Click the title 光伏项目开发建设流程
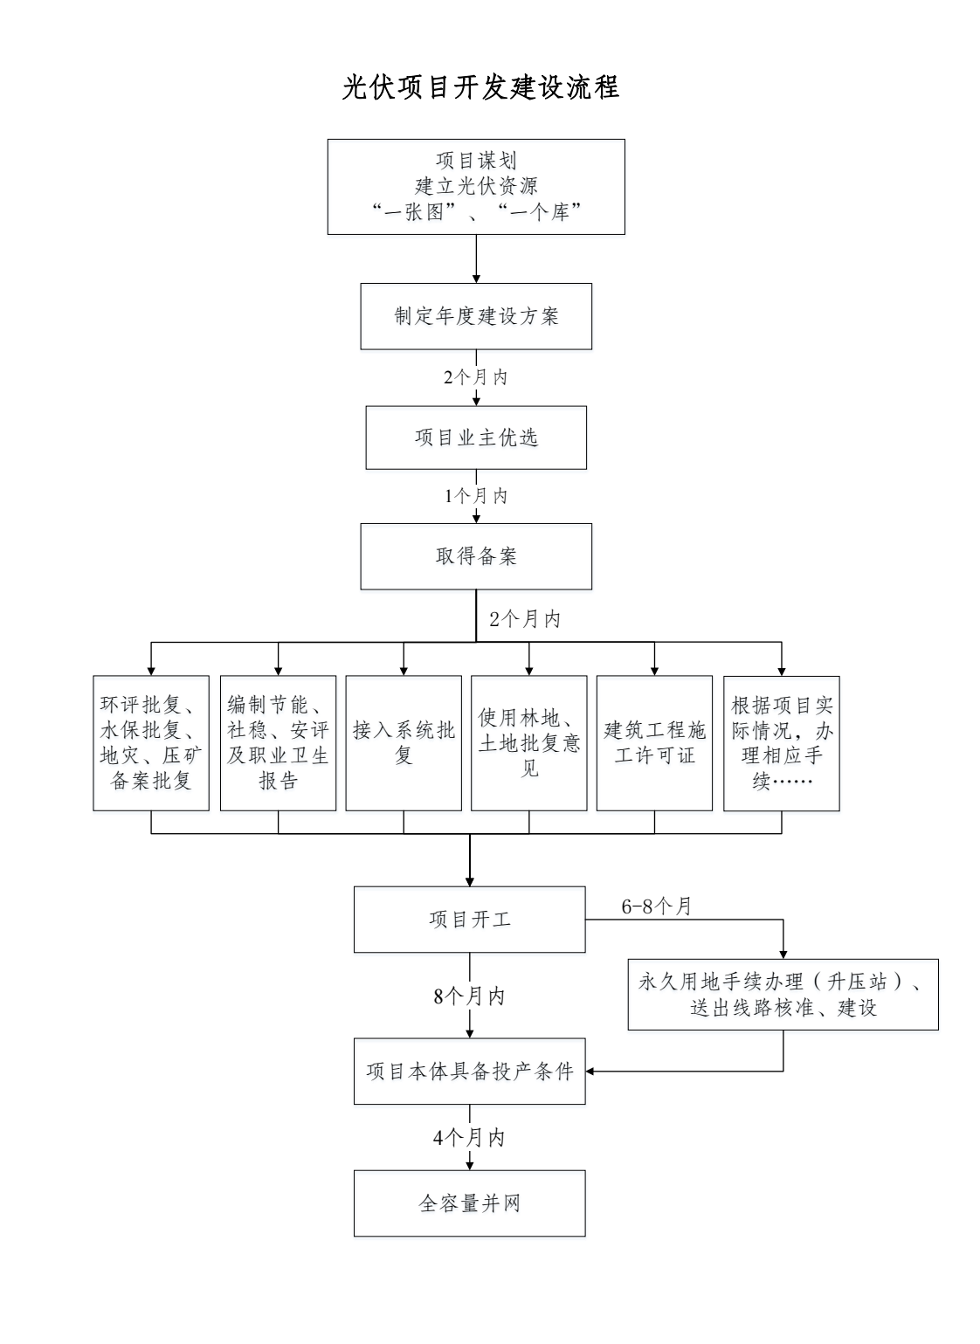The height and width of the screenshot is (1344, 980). [480, 87]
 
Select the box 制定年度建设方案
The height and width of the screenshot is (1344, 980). [476, 316]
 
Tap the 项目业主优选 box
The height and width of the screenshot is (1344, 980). [476, 438]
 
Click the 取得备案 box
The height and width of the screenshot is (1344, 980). [476, 556]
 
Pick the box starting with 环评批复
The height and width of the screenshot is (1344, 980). [151, 743]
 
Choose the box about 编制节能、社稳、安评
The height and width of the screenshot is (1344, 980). [278, 743]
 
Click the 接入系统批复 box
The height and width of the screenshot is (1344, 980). [404, 743]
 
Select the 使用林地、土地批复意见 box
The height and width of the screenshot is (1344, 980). [528, 743]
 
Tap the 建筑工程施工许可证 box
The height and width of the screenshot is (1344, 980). [654, 743]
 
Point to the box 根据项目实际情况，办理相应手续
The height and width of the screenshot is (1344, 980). [782, 743]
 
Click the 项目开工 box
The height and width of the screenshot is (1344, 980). [469, 920]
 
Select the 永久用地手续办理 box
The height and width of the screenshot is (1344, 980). [783, 994]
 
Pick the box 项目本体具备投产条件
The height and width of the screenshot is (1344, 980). [469, 1071]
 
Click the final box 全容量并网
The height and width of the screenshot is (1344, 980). [469, 1203]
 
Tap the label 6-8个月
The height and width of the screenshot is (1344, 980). [657, 906]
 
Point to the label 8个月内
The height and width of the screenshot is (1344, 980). [469, 996]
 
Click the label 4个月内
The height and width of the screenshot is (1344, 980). [469, 1137]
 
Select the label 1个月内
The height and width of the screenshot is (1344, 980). [476, 496]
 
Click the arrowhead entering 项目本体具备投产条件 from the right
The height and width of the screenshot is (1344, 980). [590, 1071]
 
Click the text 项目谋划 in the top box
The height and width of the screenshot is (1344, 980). [476, 160]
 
